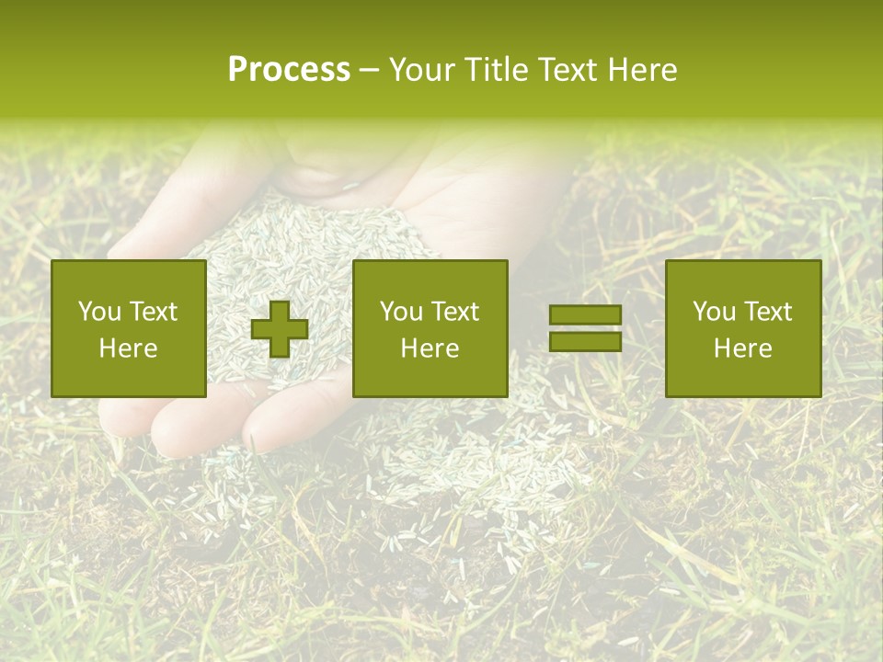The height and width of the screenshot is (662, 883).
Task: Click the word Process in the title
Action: (x=289, y=70)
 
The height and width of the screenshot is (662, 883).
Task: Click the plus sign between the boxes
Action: (x=280, y=329)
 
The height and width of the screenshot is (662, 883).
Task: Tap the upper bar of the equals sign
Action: (x=585, y=315)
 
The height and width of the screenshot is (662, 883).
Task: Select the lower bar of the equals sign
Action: (x=585, y=341)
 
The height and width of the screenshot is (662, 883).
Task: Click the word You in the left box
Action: (x=98, y=312)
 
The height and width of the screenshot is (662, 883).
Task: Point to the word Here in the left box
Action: (x=128, y=348)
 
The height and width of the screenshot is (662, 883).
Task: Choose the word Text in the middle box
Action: (x=455, y=312)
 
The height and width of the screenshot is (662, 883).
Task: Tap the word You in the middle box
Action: (x=401, y=312)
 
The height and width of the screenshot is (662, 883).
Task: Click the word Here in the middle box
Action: (x=430, y=348)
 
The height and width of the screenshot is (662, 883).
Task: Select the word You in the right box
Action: (x=713, y=312)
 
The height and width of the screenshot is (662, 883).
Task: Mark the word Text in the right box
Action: (x=767, y=312)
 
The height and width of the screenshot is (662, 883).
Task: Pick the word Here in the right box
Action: (x=742, y=348)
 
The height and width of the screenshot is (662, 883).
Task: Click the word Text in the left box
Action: (x=153, y=312)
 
